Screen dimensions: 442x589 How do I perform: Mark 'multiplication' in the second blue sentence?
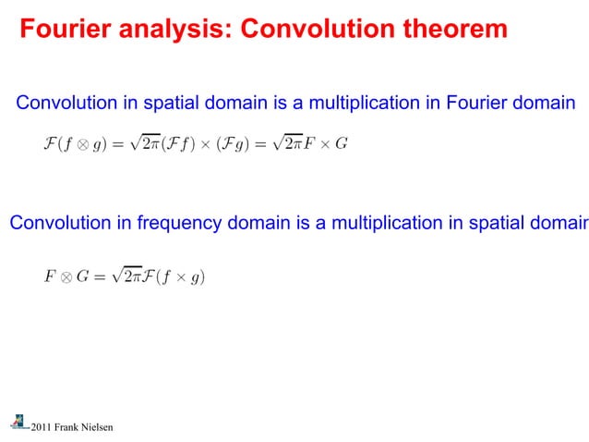click(x=394, y=223)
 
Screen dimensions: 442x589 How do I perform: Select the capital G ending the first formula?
click(x=342, y=144)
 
